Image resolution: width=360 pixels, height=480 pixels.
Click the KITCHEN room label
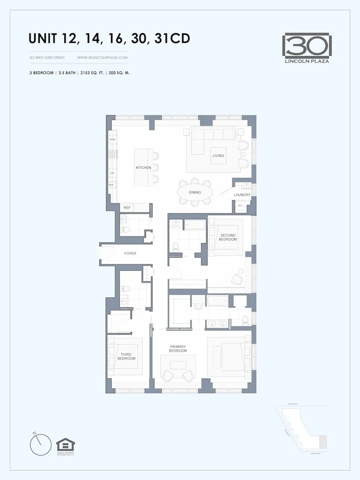pyautogui.click(x=144, y=168)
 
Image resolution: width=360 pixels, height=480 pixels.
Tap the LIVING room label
pyautogui.click(x=218, y=156)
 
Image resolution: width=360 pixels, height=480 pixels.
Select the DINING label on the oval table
pyautogui.click(x=195, y=192)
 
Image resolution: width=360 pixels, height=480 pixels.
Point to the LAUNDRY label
pyautogui.click(x=242, y=195)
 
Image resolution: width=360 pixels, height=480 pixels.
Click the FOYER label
pyautogui.click(x=130, y=253)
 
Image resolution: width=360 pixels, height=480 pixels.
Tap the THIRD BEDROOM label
pyautogui.click(x=127, y=356)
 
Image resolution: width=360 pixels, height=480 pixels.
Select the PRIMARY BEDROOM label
pyautogui.click(x=178, y=348)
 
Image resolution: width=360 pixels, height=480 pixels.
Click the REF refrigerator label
pyautogui.click(x=127, y=208)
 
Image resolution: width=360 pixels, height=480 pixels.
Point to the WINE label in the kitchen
pyautogui.click(x=112, y=140)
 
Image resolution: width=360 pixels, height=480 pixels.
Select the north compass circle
pyautogui.click(x=40, y=444)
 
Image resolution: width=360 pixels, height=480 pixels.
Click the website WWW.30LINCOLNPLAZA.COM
pyautogui.click(x=102, y=58)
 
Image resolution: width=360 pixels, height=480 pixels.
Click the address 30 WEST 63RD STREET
pyautogui.click(x=47, y=58)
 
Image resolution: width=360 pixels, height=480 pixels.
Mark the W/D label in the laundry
pyautogui.click(x=240, y=206)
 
